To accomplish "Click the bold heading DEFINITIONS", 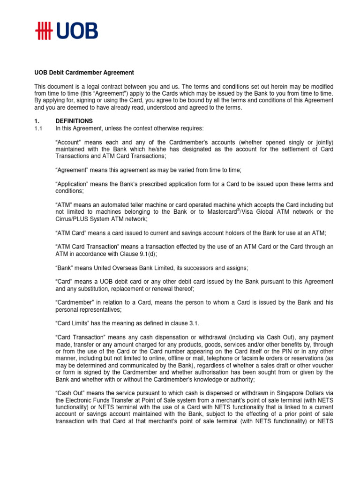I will point(74,121).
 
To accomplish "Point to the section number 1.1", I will point(38,128).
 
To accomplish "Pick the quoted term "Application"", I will point(74,184).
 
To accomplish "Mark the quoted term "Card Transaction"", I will point(81,337).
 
